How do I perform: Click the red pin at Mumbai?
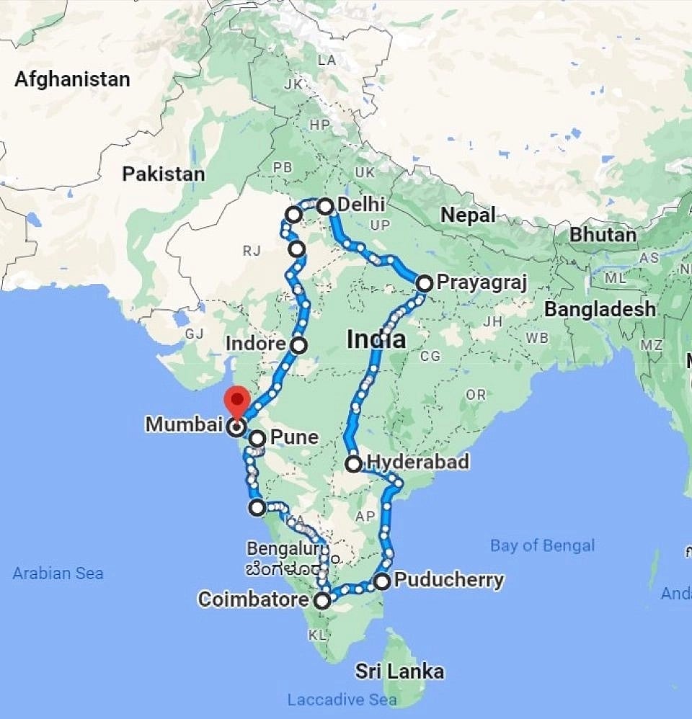pyautogui.click(x=236, y=401)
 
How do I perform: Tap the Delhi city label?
pyautogui.click(x=361, y=205)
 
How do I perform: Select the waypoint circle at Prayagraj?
pyautogui.click(x=424, y=283)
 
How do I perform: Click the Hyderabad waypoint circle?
pyautogui.click(x=353, y=464)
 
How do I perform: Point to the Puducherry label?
pyautogui.click(x=449, y=580)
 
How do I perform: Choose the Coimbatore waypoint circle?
pyautogui.click(x=323, y=600)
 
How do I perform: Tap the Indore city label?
pyautogui.click(x=256, y=344)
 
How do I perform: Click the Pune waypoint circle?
pyautogui.click(x=257, y=438)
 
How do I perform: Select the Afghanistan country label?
pyautogui.click(x=72, y=79)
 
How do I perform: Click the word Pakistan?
pyautogui.click(x=163, y=174)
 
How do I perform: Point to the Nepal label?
pyautogui.click(x=469, y=215)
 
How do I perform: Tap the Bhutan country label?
pyautogui.click(x=603, y=235)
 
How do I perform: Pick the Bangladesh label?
pyautogui.click(x=600, y=309)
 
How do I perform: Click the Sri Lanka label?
pyautogui.click(x=399, y=672)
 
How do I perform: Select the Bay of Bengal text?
pyautogui.click(x=542, y=545)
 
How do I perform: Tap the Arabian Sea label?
pyautogui.click(x=58, y=573)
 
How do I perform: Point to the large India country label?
pyautogui.click(x=376, y=339)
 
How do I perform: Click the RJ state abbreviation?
pyautogui.click(x=251, y=251)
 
